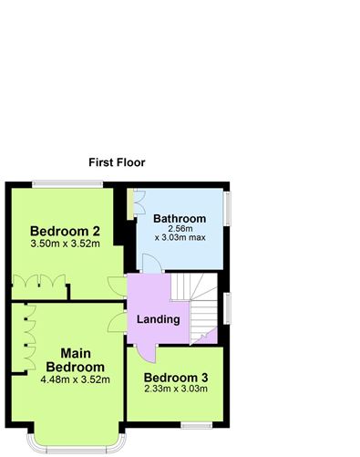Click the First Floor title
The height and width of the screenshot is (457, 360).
click(117, 162)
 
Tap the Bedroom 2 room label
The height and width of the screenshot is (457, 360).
click(65, 232)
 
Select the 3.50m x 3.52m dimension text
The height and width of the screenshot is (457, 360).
click(66, 244)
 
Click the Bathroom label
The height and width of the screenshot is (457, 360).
click(180, 219)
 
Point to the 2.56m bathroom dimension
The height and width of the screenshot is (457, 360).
click(180, 228)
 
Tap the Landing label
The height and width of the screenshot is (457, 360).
click(159, 319)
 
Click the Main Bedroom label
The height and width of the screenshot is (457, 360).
click(76, 360)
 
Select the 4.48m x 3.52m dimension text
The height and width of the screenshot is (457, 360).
click(76, 379)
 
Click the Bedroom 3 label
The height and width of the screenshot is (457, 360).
click(176, 378)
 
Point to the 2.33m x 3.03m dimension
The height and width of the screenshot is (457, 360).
click(176, 389)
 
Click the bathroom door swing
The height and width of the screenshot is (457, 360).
click(152, 264)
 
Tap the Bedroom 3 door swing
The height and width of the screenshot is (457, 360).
click(146, 354)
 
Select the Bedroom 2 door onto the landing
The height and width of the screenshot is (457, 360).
click(118, 286)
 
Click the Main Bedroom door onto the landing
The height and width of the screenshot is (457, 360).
click(118, 322)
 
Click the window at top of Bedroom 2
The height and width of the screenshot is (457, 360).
click(67, 183)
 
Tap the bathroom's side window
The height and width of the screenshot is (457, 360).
click(228, 208)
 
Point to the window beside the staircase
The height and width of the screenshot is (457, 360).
click(227, 308)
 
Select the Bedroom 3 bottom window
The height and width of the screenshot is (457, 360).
click(197, 425)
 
